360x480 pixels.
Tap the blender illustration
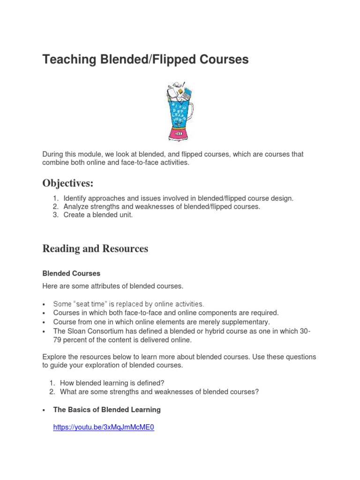tap(179, 112)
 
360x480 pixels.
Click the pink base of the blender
tap(179, 134)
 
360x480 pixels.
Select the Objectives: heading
tap(68, 183)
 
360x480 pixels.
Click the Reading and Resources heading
tap(95, 249)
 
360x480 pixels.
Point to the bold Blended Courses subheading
tap(71, 273)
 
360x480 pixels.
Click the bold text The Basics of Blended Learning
tap(107, 410)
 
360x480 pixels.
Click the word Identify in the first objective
tap(75, 198)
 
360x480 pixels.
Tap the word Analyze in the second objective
tap(76, 207)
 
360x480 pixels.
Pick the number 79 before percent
tap(58, 340)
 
